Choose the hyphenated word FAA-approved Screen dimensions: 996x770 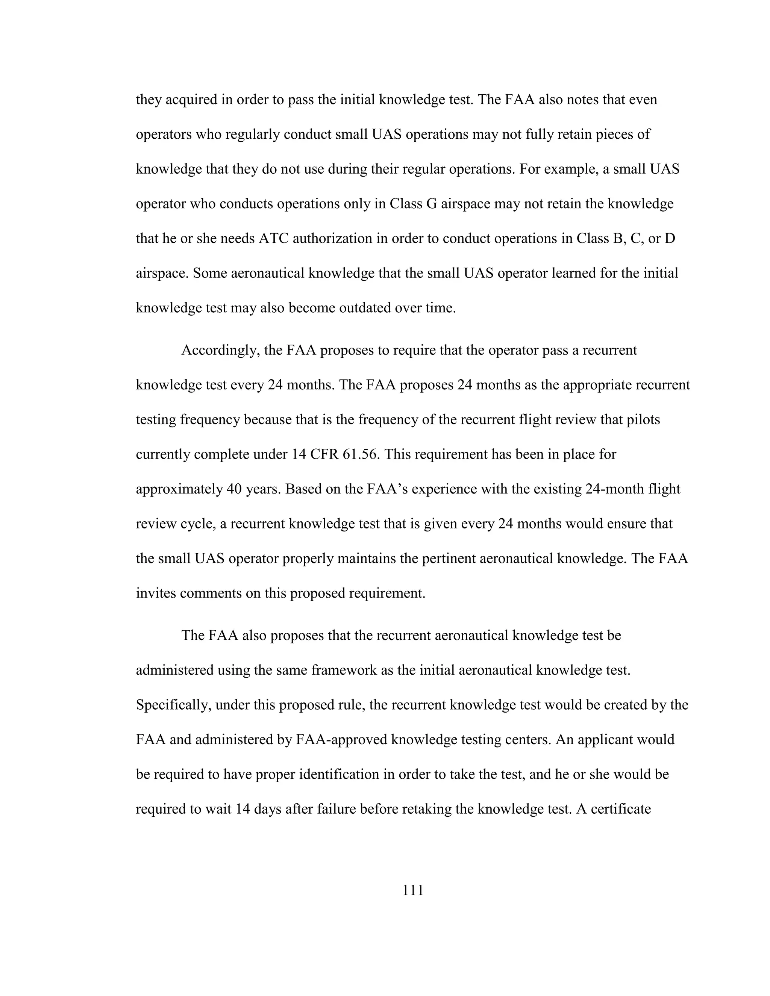[341, 739]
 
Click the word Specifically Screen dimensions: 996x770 [173, 705]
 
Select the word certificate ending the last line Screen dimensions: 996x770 [620, 808]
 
